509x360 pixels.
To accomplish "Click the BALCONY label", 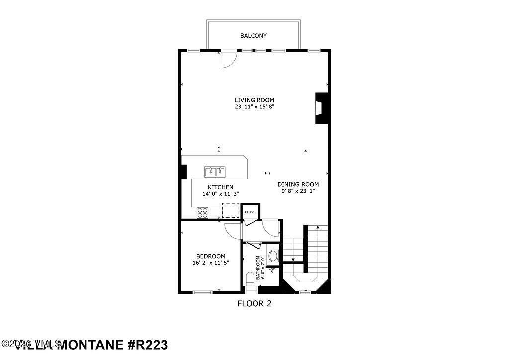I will point(254,36).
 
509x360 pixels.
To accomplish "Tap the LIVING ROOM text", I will point(254,100).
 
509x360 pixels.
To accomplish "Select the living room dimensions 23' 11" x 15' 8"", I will point(254,107).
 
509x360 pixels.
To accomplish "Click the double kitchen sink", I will point(215,172).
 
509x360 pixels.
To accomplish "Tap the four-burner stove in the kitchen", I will point(203,213).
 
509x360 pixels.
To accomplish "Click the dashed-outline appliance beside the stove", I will point(230,211).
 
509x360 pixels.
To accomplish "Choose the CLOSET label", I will point(251,212).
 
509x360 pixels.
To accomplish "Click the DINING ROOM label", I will point(298,184).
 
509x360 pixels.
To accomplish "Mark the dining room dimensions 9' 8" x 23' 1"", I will point(298,191).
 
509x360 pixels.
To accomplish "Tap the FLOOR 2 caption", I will point(254,303).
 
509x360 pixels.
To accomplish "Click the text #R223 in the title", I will point(147,345).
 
